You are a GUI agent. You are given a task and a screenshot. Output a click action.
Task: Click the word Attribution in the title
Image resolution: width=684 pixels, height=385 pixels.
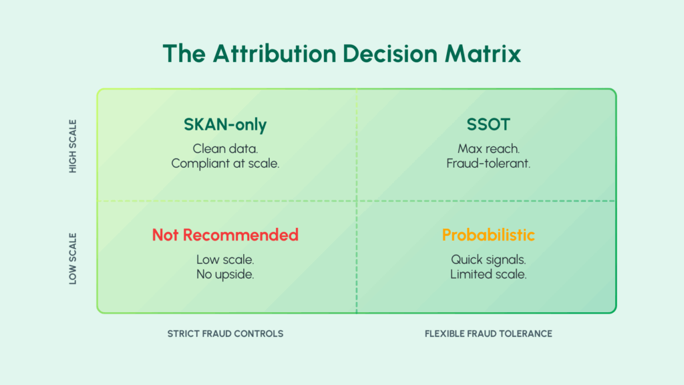pyautogui.click(x=275, y=53)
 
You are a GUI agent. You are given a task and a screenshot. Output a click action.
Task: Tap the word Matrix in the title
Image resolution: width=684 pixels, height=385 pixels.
pyautogui.click(x=483, y=53)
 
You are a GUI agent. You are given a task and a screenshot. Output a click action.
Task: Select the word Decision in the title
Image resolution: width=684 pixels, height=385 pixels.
pyautogui.click(x=390, y=53)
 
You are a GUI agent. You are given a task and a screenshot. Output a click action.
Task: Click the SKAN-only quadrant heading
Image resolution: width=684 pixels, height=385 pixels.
pyautogui.click(x=225, y=124)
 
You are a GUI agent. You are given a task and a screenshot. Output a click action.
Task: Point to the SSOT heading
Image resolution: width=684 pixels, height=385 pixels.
pyautogui.click(x=488, y=124)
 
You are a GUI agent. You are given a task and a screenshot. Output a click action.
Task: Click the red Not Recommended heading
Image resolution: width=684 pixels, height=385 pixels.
pyautogui.click(x=225, y=235)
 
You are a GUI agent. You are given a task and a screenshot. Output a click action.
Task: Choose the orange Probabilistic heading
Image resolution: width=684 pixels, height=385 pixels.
pyautogui.click(x=488, y=235)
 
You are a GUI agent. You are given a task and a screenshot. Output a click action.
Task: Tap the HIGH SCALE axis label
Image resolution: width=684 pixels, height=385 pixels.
pyautogui.click(x=73, y=146)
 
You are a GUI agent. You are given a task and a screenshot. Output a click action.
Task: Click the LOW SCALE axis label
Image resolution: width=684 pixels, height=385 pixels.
pyautogui.click(x=73, y=259)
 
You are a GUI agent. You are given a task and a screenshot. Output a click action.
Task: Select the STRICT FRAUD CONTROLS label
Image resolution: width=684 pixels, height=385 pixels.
pyautogui.click(x=225, y=334)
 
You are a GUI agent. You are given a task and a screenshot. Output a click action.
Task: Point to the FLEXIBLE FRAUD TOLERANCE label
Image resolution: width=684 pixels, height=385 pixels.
pyautogui.click(x=488, y=334)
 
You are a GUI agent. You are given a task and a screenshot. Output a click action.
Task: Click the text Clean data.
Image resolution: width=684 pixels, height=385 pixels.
pyautogui.click(x=225, y=149)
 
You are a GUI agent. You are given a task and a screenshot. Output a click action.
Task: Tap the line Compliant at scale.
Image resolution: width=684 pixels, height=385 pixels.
pyautogui.click(x=225, y=164)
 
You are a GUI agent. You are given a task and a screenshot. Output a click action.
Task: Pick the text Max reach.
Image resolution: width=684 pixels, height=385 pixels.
pyautogui.click(x=488, y=149)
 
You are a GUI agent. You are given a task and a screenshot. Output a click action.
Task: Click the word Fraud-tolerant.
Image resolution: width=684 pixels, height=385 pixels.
pyautogui.click(x=488, y=164)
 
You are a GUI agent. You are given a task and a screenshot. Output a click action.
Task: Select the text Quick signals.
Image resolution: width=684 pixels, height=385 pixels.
pyautogui.click(x=488, y=260)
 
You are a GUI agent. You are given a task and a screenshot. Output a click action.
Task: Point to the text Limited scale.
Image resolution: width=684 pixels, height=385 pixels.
pyautogui.click(x=488, y=275)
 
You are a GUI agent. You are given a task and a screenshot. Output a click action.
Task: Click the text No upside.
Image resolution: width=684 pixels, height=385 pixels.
pyautogui.click(x=225, y=275)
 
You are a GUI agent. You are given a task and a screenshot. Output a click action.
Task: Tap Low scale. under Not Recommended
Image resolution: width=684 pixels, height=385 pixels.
pyautogui.click(x=225, y=260)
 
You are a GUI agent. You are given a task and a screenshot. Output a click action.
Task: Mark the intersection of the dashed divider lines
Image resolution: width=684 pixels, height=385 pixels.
pyautogui.click(x=357, y=201)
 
